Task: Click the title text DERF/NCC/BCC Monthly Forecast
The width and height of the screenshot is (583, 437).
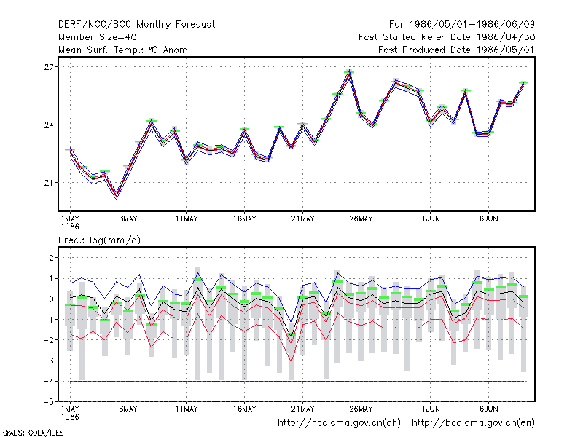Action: pos(136,25)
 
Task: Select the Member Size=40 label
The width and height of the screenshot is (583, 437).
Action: pos(98,37)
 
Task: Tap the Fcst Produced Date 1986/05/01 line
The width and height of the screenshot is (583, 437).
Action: pos(456,50)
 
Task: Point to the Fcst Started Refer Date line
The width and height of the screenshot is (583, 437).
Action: pos(447,37)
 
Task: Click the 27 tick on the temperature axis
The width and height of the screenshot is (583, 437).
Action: pos(49,67)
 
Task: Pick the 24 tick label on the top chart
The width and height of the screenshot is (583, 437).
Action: pos(49,125)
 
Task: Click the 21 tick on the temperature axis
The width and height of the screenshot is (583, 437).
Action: pos(49,183)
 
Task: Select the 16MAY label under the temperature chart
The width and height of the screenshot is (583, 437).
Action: pos(245,219)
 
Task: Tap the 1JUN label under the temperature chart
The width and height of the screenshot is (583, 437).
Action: pos(431,219)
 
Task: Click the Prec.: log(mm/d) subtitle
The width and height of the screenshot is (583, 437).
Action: pos(99,240)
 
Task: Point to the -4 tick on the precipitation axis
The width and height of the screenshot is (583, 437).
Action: pos(48,382)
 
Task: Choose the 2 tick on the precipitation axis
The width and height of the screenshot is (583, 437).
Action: pos(51,258)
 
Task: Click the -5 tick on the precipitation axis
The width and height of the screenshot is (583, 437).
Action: pos(48,402)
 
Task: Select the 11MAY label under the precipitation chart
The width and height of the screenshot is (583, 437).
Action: pos(187,409)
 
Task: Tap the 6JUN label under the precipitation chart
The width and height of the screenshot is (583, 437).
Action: pos(488,409)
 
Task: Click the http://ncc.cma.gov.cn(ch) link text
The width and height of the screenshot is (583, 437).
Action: pos(339,423)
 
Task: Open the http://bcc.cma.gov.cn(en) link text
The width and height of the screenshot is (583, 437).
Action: pos(473,423)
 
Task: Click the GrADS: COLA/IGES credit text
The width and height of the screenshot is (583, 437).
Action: pos(33,433)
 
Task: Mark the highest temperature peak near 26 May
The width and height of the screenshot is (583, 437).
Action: pos(349,73)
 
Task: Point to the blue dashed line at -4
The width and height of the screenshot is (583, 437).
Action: pos(297,381)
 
